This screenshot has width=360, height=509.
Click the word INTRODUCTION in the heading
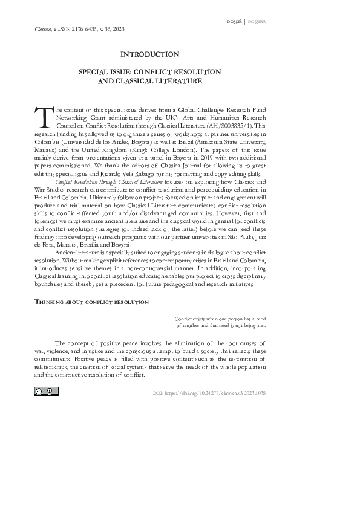[150, 54]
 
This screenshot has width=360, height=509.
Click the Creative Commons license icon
[46, 392]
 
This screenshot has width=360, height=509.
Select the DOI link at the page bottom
[209, 393]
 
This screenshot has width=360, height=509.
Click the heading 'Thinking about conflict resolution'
[92, 300]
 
